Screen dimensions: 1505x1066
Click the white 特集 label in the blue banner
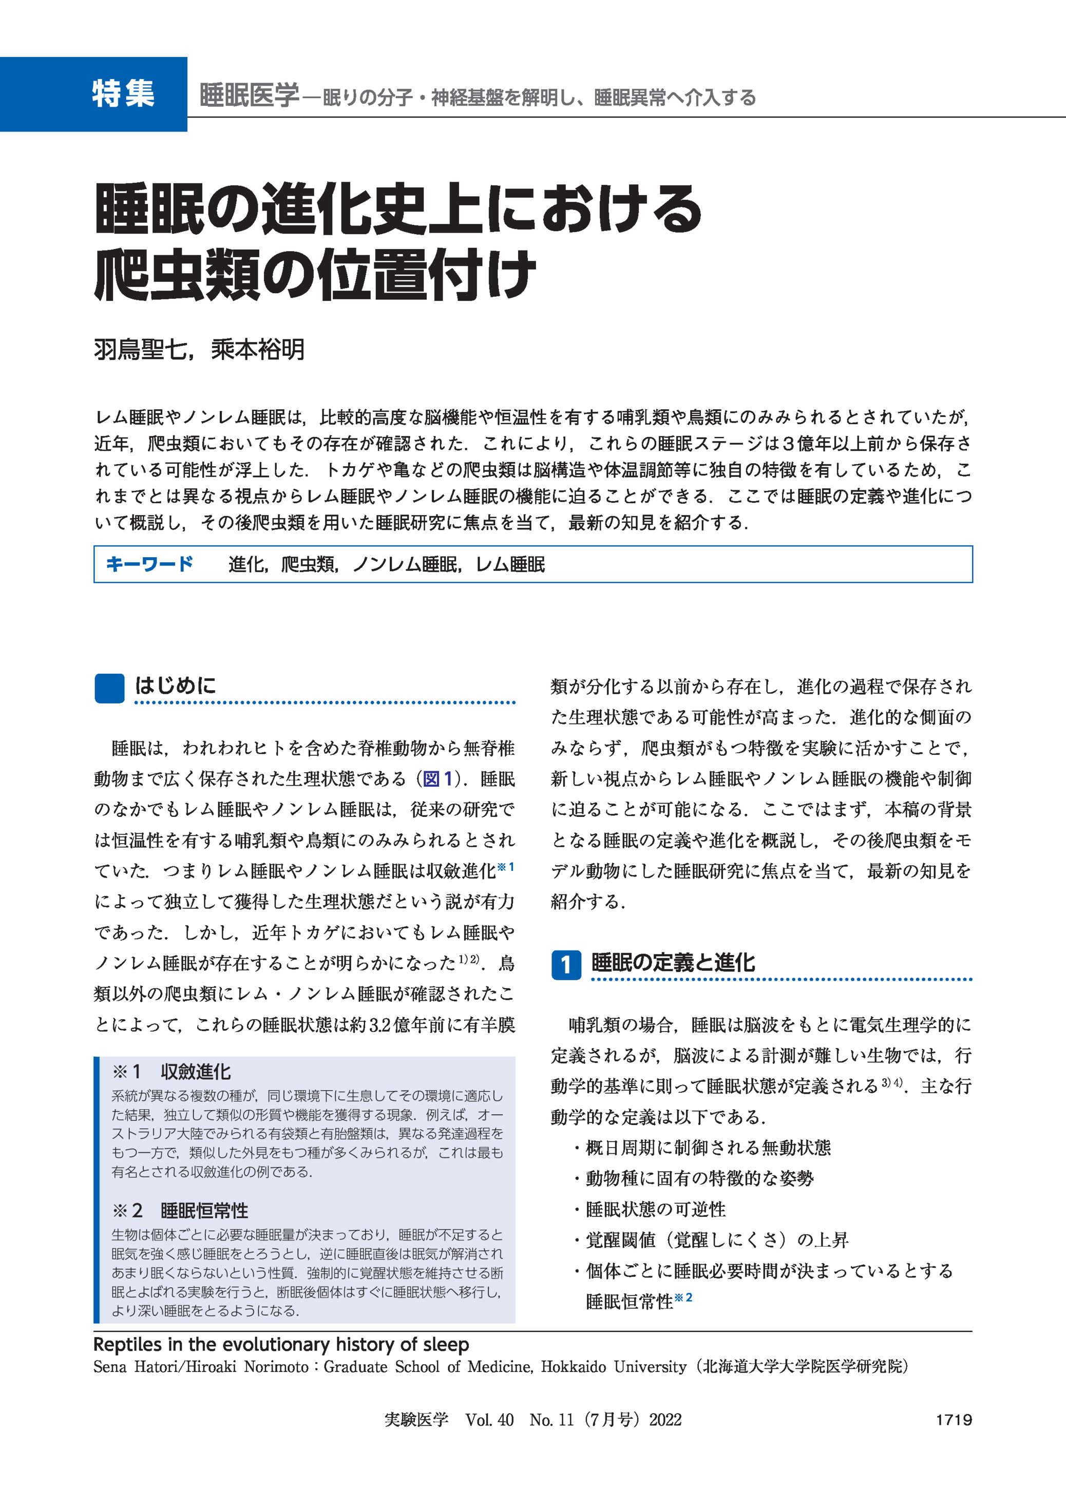[x=123, y=94]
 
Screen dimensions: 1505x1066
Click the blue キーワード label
[x=149, y=564]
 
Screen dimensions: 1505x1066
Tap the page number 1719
[x=953, y=1420]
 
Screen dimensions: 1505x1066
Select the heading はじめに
[x=175, y=686]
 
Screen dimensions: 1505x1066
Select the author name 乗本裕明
[x=258, y=350]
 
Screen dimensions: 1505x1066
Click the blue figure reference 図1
[x=438, y=779]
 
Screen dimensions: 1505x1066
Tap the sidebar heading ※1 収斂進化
[x=172, y=1072]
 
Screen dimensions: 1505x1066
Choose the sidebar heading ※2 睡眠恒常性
[x=181, y=1210]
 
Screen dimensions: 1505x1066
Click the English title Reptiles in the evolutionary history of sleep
[x=281, y=1345]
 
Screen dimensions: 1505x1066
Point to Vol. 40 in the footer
[x=489, y=1420]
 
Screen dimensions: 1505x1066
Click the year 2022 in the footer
[x=665, y=1420]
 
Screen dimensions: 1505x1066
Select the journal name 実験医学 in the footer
[x=416, y=1420]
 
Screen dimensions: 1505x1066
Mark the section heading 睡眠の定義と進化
[x=673, y=963]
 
